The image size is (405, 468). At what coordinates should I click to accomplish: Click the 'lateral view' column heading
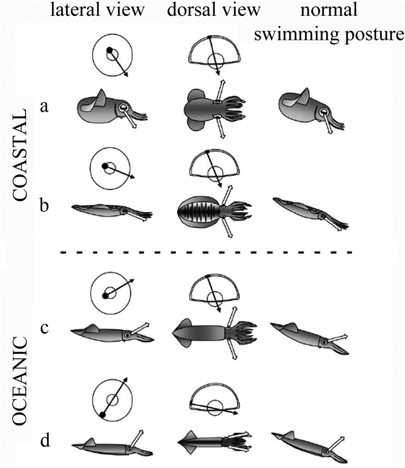point(98,10)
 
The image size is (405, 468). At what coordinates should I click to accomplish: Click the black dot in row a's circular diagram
point(110,49)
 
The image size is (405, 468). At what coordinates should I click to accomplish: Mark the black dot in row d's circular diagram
point(102,414)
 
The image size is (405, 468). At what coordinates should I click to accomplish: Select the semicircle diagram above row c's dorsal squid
point(214,292)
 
